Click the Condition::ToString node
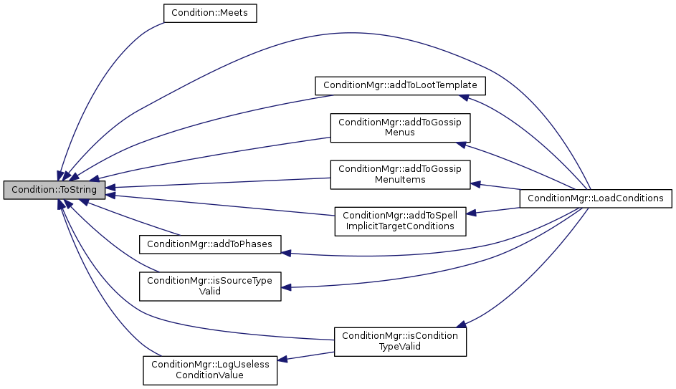pos(54,190)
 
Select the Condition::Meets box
pos(210,13)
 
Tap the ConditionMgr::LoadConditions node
pos(596,198)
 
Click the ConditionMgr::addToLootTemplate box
pos(401,85)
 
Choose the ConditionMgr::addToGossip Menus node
pos(399,127)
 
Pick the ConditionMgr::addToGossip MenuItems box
pos(399,174)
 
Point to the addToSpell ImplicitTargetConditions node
pos(401,220)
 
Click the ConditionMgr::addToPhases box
pos(209,244)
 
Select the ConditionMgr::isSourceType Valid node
pos(209,286)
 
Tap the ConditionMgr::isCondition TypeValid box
pos(399,340)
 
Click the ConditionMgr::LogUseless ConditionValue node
pos(209,370)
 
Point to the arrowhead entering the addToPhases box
pos(286,252)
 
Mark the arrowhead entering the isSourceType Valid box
pos(286,288)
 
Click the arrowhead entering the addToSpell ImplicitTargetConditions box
pos(472,213)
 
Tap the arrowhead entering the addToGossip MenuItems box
pos(475,184)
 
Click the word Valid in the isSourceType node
pos(209,292)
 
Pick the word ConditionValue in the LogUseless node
pos(209,375)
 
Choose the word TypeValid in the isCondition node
pos(399,346)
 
